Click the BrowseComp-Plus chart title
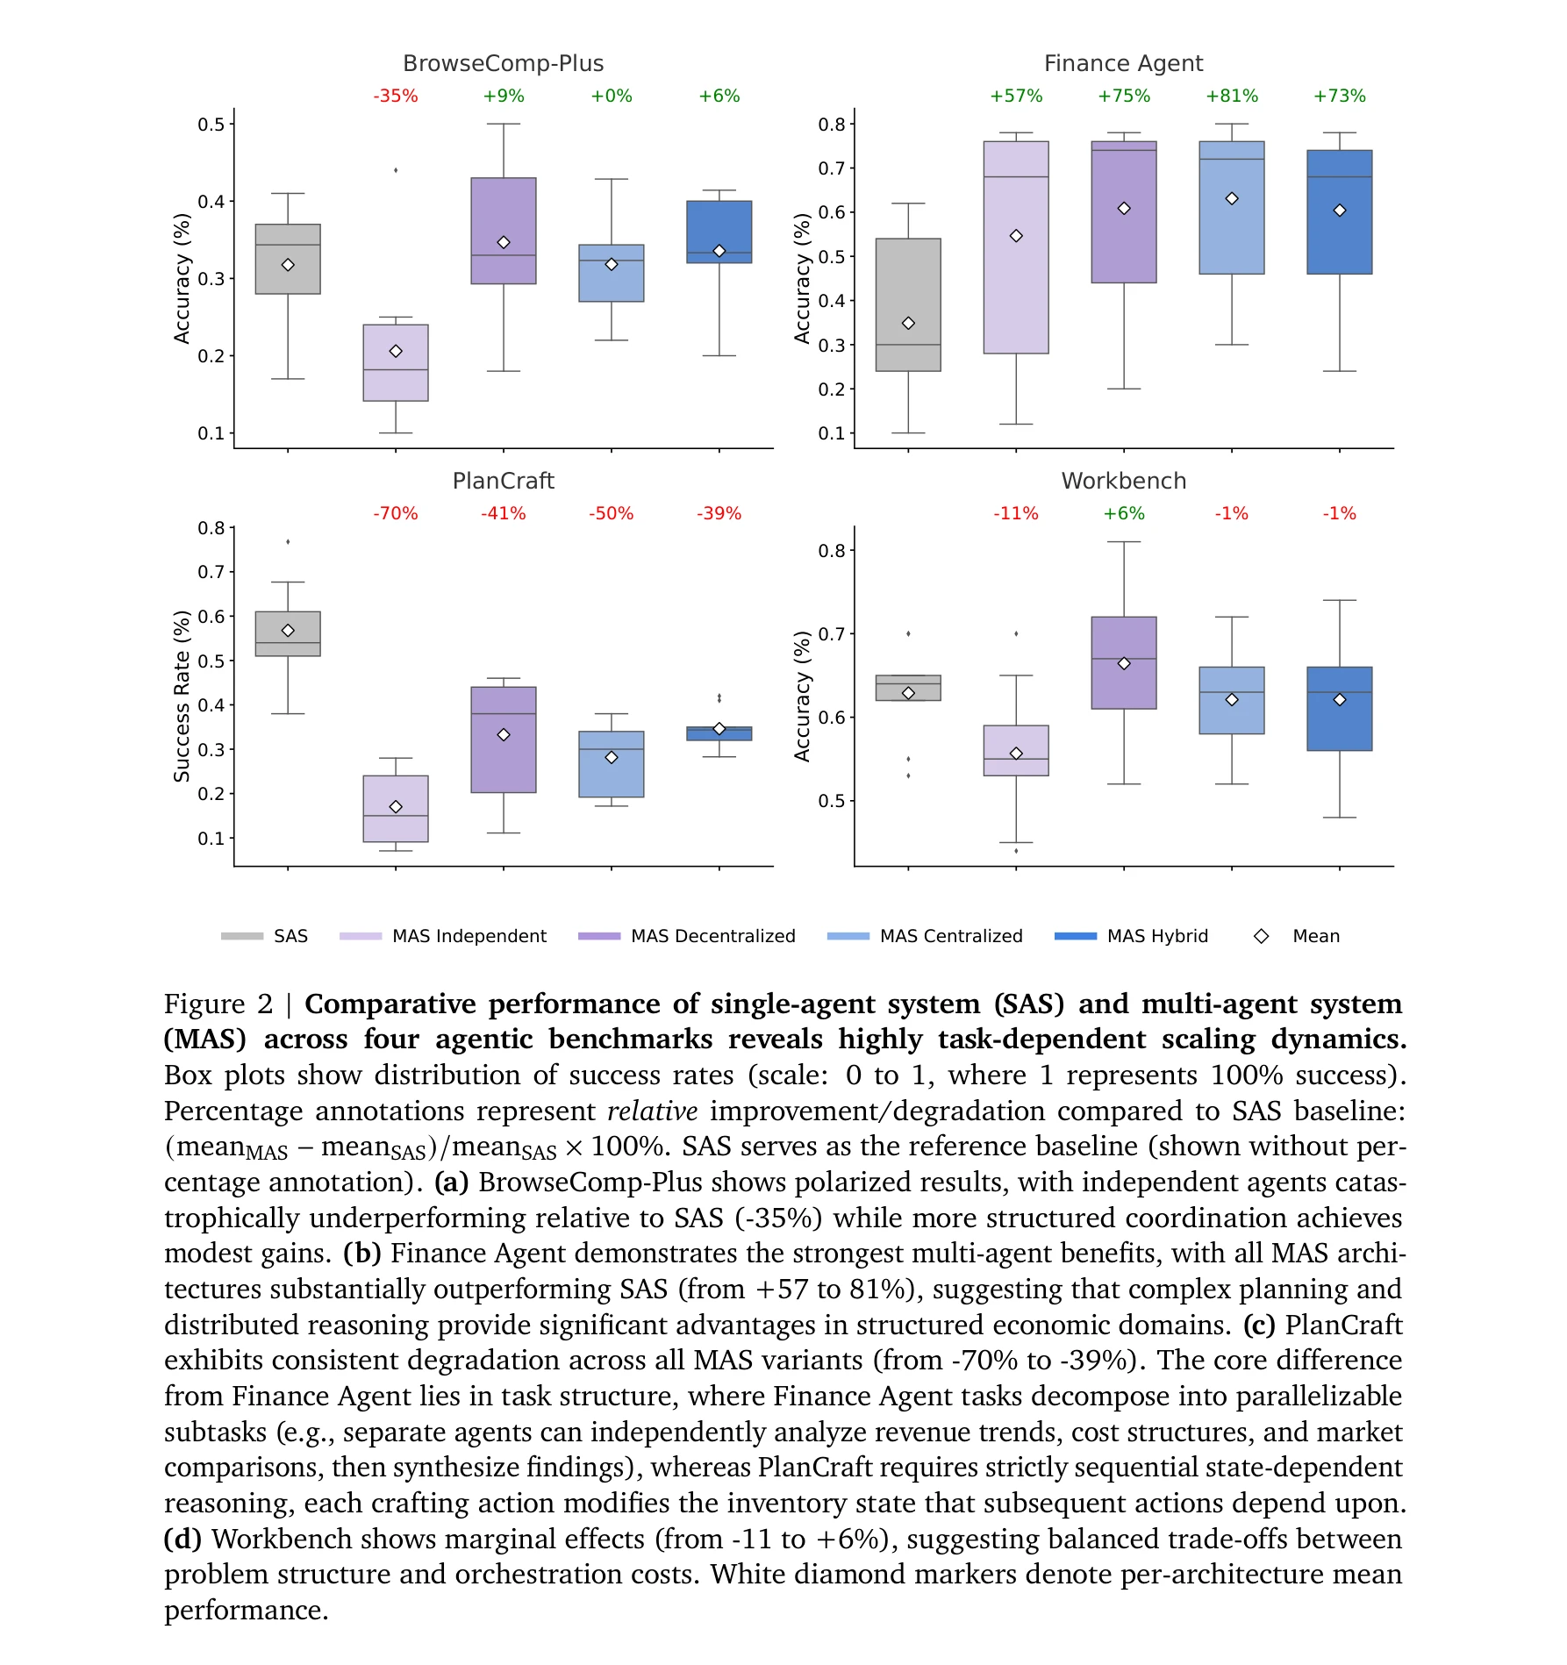[x=503, y=64]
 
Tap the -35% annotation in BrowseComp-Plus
[x=396, y=96]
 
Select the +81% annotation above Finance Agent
[x=1231, y=96]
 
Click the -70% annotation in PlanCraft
[x=396, y=514]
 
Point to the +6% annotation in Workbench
[x=1123, y=514]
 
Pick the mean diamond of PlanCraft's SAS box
[x=288, y=631]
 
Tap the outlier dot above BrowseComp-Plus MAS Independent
[x=396, y=170]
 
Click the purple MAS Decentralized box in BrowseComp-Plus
[x=503, y=211]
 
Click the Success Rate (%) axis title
[x=182, y=696]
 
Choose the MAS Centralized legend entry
[x=950, y=936]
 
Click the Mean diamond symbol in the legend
[x=1261, y=936]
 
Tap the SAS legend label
[x=290, y=936]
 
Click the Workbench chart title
[x=1123, y=482]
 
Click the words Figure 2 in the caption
[x=218, y=1004]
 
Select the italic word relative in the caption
[x=652, y=1111]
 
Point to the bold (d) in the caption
[x=182, y=1540]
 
